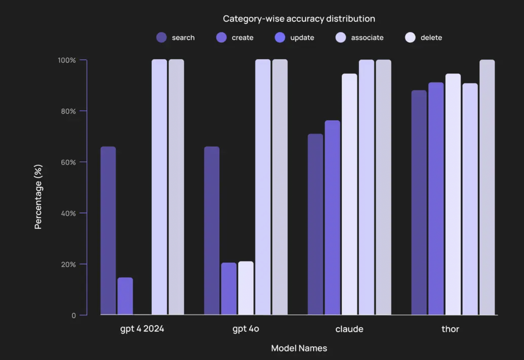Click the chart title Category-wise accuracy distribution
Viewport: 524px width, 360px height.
point(299,19)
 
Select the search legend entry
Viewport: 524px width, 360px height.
point(176,38)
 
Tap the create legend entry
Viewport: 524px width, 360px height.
point(235,38)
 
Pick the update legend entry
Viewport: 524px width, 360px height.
point(295,38)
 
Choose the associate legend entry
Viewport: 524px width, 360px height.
point(360,38)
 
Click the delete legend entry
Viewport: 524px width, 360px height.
point(424,38)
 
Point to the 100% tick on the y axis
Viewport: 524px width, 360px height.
point(67,60)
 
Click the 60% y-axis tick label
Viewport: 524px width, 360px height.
point(68,162)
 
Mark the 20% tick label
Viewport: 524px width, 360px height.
point(68,265)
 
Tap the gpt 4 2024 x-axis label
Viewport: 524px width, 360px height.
point(142,329)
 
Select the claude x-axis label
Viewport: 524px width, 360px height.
point(349,329)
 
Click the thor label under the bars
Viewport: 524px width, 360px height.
point(450,329)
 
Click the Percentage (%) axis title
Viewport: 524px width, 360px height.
point(38,196)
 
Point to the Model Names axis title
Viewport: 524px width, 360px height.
point(299,348)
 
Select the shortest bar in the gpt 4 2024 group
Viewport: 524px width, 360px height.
point(125,296)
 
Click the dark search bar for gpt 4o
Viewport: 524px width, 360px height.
point(211,231)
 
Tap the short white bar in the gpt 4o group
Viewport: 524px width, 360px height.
point(245,288)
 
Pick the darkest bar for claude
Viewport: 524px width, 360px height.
point(315,224)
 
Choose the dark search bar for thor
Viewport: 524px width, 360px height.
point(419,202)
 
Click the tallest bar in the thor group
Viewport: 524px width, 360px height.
point(487,187)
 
